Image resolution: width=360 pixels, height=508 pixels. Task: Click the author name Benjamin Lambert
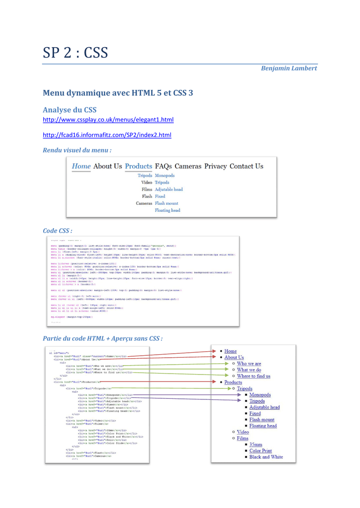[288, 68]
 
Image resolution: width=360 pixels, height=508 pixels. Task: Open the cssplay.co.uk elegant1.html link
[108, 120]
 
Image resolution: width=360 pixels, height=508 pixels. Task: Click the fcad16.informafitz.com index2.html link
[107, 135]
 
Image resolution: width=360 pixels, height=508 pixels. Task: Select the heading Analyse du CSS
[70, 109]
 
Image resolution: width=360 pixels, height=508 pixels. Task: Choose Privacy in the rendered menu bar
[215, 166]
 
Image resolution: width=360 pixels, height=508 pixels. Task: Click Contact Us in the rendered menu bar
[247, 166]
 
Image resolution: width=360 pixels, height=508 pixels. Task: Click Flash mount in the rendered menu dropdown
[166, 203]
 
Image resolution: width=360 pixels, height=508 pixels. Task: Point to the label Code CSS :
[58, 231]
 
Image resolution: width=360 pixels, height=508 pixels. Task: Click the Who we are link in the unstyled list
[249, 364]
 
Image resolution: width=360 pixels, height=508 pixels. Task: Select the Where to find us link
[257, 376]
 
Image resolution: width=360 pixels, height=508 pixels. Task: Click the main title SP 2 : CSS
[75, 51]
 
